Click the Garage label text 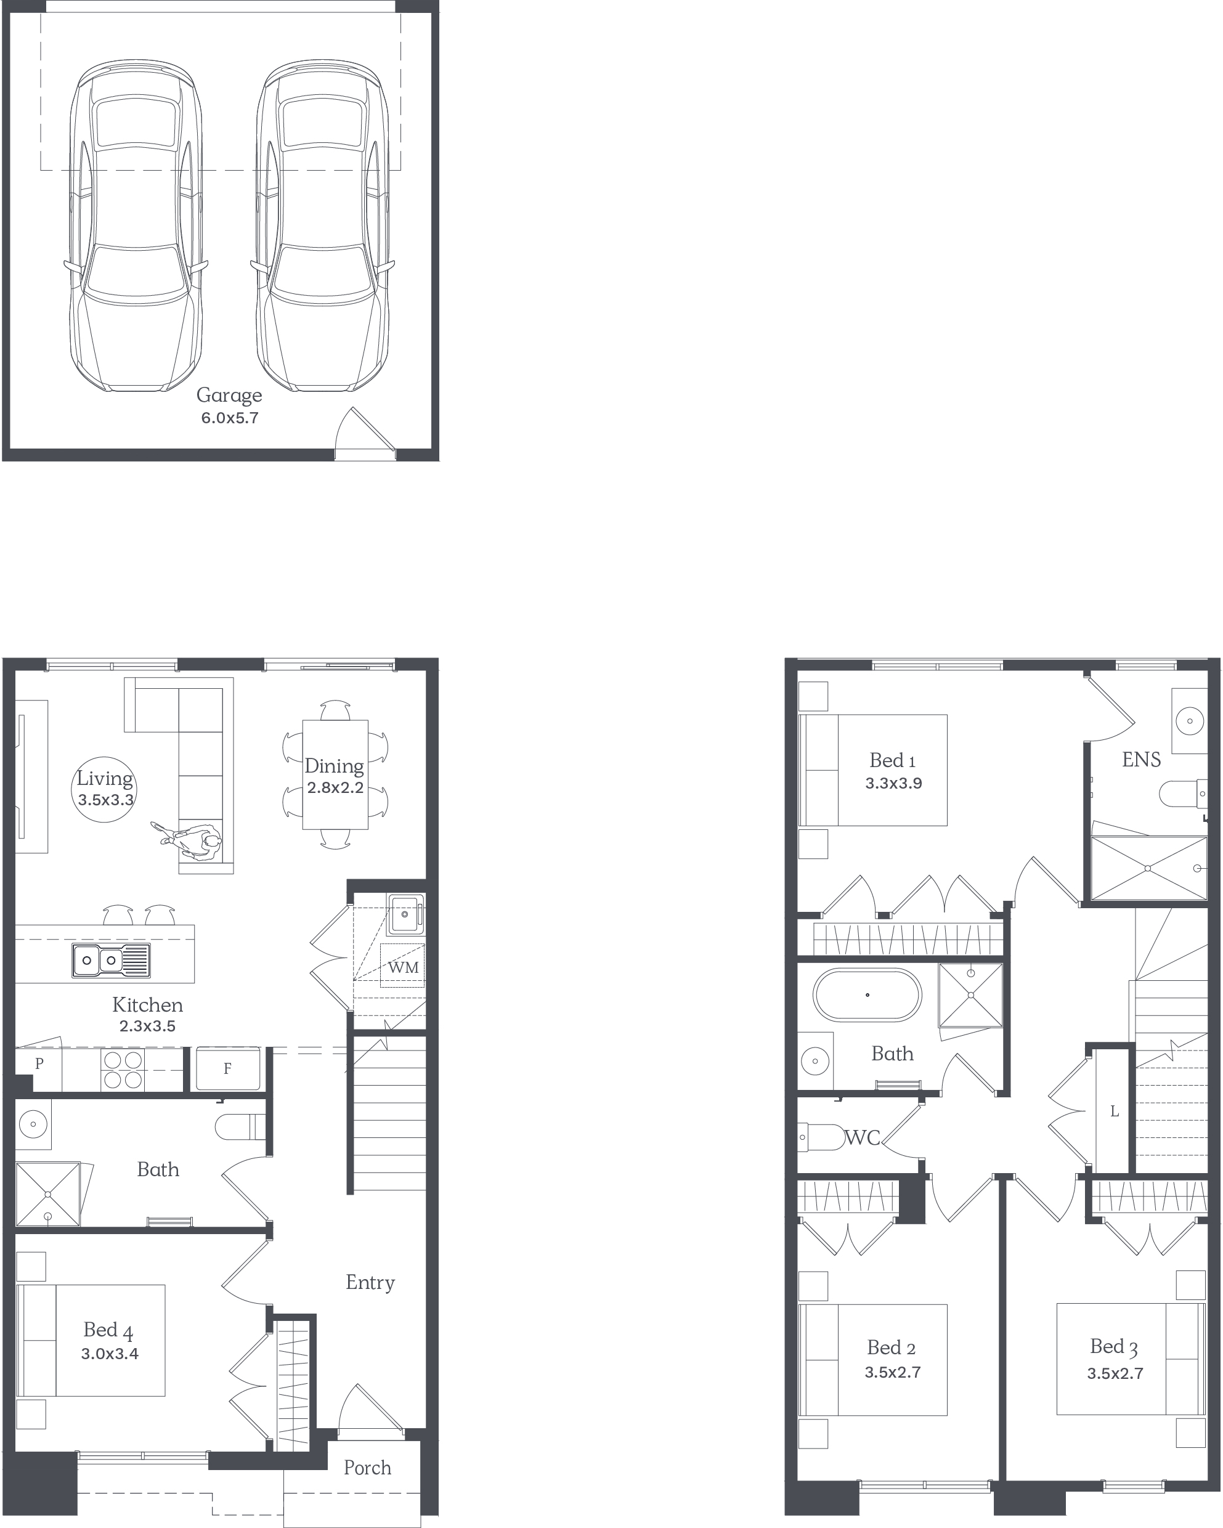(229, 396)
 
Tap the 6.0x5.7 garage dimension (230, 418)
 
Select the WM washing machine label (403, 967)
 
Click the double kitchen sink (110, 961)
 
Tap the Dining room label (335, 766)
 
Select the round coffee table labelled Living (105, 789)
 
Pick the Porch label (367, 1468)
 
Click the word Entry (370, 1283)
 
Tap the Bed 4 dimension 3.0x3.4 (110, 1354)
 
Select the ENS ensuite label (1142, 760)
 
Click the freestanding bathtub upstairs (867, 995)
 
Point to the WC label (863, 1137)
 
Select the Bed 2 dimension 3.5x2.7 (893, 1372)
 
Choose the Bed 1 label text (893, 760)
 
